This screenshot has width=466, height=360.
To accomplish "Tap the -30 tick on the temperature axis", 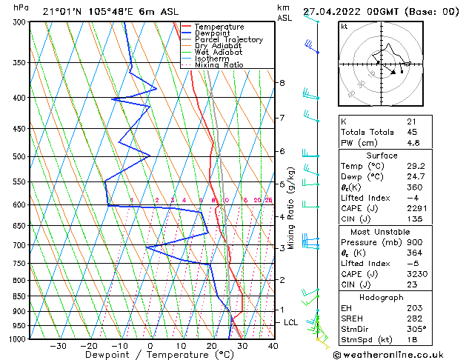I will click(58, 346).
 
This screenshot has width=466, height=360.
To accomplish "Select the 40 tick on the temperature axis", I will click(273, 346).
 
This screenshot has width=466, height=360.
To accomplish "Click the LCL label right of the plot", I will click(291, 323).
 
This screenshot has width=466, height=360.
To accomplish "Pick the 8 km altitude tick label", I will click(282, 83).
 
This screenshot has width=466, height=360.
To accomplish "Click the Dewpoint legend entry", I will click(210, 33).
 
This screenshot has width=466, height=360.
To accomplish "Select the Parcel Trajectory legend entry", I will click(228, 40).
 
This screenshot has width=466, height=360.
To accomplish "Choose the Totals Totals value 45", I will click(412, 132).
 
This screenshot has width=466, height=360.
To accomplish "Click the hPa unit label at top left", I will click(21, 7).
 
